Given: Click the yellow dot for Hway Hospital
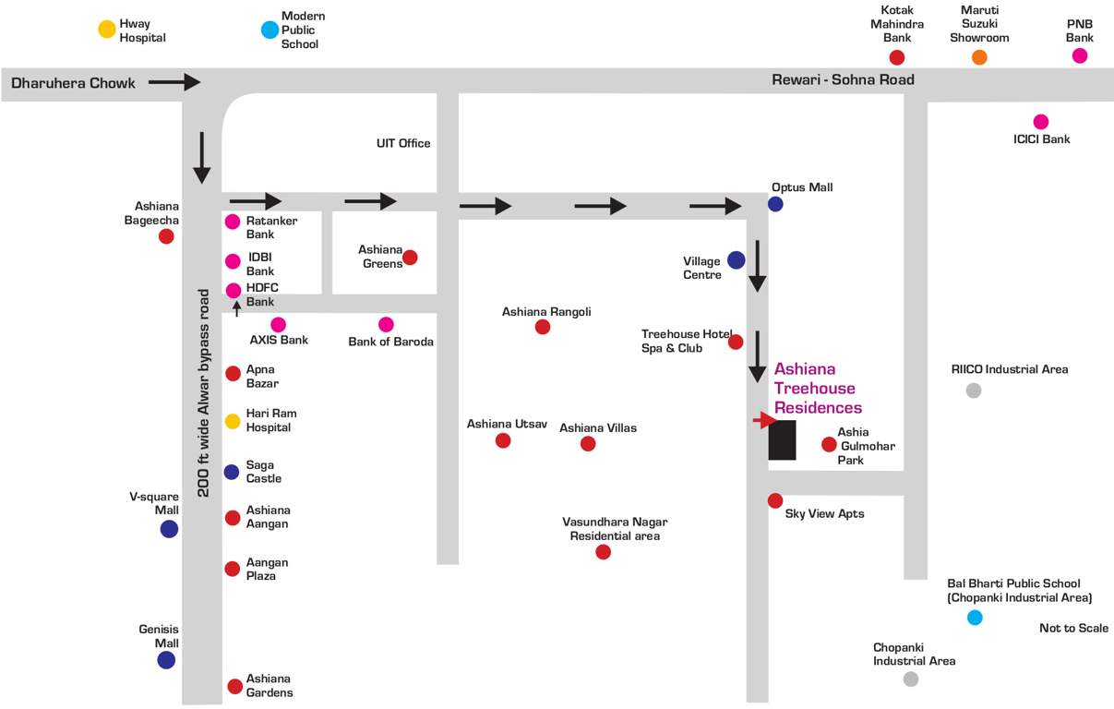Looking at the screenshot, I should tap(107, 30).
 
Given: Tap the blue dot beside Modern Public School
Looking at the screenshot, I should tap(270, 30).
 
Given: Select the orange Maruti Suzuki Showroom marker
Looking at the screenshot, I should tap(979, 57).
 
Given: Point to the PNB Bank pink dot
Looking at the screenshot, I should tap(1080, 55).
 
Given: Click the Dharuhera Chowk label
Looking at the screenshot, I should tap(73, 83).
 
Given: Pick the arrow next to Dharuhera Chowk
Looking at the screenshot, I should tap(174, 82).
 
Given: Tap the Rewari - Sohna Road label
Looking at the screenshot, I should tap(843, 80).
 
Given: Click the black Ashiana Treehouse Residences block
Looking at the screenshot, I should tap(782, 439).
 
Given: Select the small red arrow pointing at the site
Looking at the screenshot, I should tap(763, 421).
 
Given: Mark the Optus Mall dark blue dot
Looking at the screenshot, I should tap(775, 204).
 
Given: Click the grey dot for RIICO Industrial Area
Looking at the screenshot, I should tap(973, 391).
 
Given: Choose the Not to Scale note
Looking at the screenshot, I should tap(1073, 629).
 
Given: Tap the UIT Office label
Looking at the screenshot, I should tap(403, 143).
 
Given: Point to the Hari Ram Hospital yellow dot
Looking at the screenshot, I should tap(233, 422).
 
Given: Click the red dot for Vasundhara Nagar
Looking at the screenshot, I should tap(603, 552).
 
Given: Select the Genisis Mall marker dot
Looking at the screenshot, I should tap(166, 660).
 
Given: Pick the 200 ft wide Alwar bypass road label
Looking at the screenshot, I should tap(205, 392).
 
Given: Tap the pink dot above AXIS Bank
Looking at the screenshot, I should tap(278, 324).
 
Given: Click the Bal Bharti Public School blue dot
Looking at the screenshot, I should tap(975, 618).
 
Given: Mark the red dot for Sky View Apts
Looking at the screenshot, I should tap(775, 500).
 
